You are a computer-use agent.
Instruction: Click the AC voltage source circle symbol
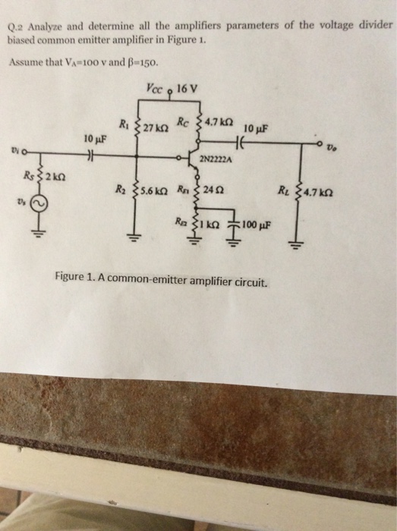pos(37,203)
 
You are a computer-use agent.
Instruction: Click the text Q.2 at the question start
pos(16,24)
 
